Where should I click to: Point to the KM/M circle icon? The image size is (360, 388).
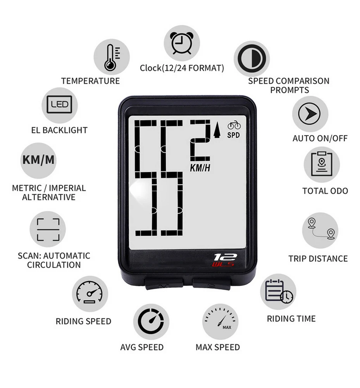pos(38,160)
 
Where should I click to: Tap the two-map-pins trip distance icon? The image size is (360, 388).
pos(320,230)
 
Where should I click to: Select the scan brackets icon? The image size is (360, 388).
pos(48,230)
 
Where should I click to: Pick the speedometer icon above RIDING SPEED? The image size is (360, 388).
pos(90,294)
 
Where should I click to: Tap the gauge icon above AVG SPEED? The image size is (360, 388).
pos(152,321)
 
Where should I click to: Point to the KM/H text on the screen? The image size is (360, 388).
pos(200,168)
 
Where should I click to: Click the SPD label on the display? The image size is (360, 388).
pos(234,135)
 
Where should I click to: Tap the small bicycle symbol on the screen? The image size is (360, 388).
pos(234,126)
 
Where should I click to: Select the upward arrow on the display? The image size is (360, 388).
pos(216,130)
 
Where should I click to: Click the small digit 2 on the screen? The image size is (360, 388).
pos(200,141)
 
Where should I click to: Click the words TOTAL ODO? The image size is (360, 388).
pos(325,191)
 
